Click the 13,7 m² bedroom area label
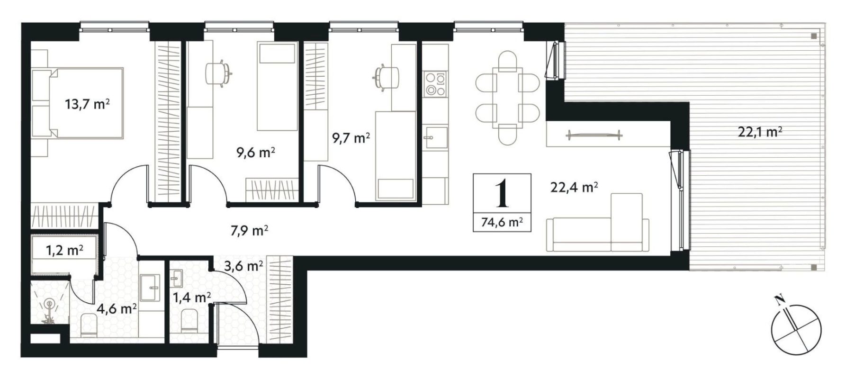click(x=88, y=104)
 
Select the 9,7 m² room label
click(x=351, y=138)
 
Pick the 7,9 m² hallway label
click(x=250, y=231)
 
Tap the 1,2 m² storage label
click(x=64, y=250)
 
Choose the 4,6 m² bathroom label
click(x=117, y=309)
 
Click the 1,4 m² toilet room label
click(x=192, y=298)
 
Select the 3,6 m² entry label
click(x=244, y=266)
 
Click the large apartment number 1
click(x=502, y=193)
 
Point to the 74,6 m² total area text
click(x=502, y=222)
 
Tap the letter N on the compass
click(x=778, y=299)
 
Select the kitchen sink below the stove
click(x=435, y=137)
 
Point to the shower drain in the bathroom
click(x=49, y=303)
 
